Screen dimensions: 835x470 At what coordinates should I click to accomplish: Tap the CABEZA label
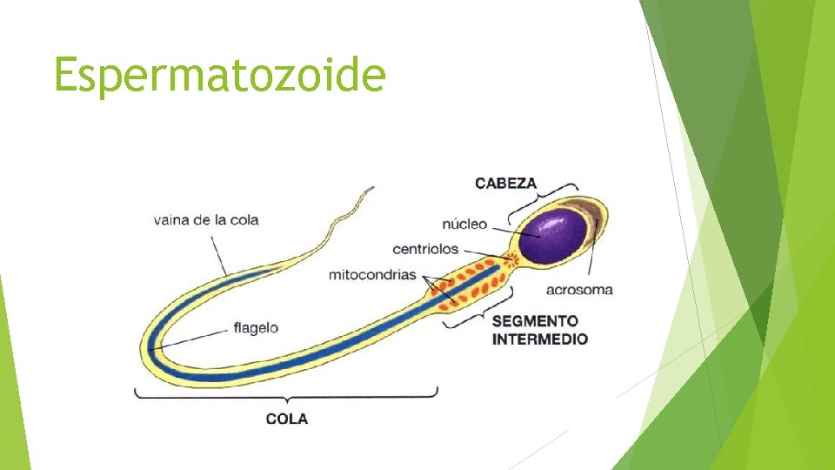[x=505, y=184]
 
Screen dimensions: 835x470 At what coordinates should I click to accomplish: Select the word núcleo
[x=464, y=224]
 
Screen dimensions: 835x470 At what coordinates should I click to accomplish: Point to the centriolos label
[x=424, y=249]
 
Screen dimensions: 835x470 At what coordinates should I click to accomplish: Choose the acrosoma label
[x=580, y=289]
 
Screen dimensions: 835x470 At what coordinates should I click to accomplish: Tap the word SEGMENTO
[x=534, y=321]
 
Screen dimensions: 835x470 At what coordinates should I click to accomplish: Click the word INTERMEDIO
[x=539, y=339]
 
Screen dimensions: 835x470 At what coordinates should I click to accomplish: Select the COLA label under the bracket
[x=286, y=419]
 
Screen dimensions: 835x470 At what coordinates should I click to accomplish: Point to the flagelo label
[x=256, y=328]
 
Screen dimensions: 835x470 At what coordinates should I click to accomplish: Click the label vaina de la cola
[x=205, y=219]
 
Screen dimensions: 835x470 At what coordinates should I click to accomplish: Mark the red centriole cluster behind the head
[x=511, y=258]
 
